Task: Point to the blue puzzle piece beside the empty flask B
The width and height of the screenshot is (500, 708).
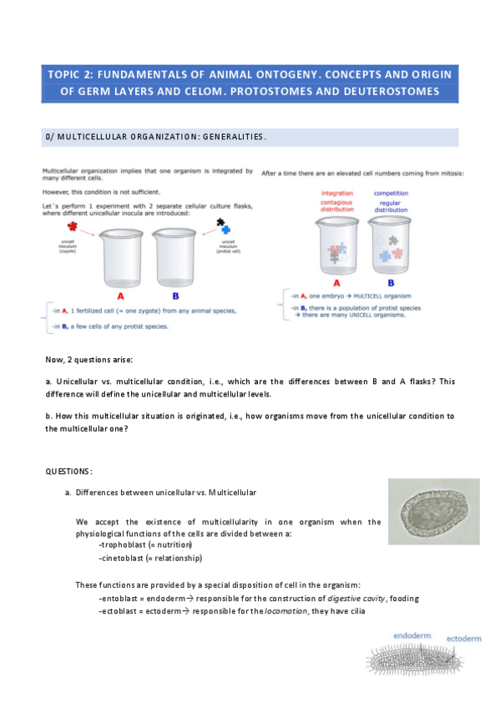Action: point(225,229)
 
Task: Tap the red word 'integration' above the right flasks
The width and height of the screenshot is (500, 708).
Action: point(336,194)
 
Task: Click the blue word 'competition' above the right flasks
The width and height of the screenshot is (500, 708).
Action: point(391,194)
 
